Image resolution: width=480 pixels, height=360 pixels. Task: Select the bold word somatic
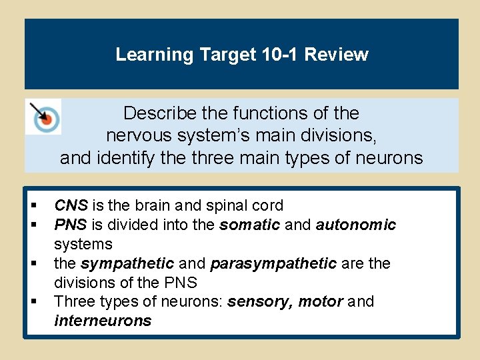(249, 225)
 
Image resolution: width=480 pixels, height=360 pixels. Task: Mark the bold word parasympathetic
(273, 263)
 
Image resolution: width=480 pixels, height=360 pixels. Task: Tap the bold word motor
(319, 302)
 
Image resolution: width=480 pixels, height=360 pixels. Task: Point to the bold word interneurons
(103, 321)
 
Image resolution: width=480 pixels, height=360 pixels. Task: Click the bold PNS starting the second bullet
(69, 225)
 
